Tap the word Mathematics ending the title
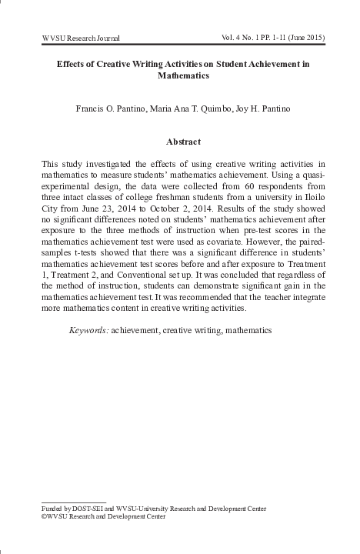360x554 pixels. [x=179, y=77]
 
